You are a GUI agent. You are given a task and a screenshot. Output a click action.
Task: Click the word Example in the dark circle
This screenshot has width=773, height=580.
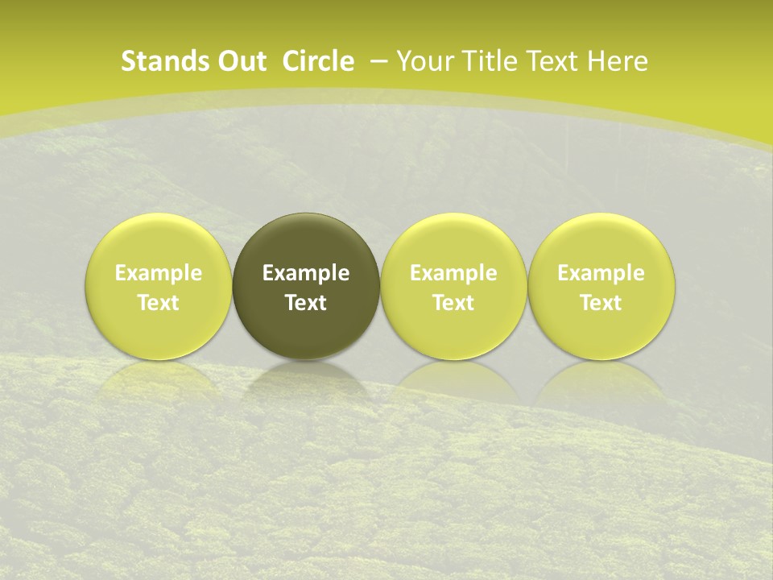click(306, 273)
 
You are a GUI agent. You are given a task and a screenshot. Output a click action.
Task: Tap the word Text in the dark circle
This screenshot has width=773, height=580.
click(306, 303)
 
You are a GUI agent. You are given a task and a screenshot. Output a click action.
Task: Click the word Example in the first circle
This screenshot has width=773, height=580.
click(159, 273)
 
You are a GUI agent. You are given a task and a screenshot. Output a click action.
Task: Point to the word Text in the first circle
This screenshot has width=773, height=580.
click(159, 303)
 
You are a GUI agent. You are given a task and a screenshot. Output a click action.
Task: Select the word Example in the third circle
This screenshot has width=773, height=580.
click(453, 273)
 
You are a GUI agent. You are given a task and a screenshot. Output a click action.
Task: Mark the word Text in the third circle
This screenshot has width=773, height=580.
click(453, 303)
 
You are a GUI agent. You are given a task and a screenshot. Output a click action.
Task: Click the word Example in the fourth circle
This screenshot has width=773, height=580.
click(601, 273)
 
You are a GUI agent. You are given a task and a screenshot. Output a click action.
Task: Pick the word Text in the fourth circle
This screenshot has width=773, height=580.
click(601, 303)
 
